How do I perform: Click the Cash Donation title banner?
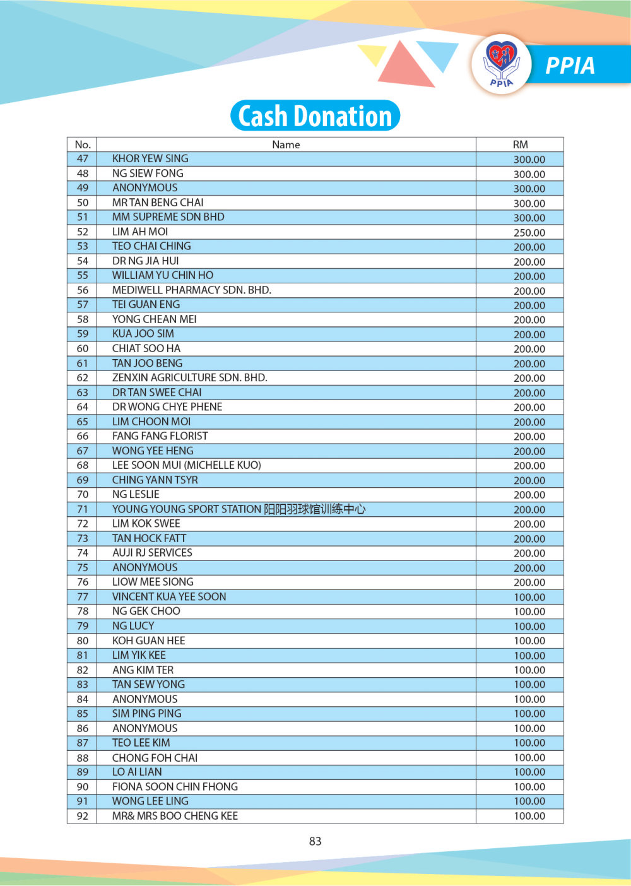click(x=315, y=116)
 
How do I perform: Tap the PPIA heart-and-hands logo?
click(x=501, y=64)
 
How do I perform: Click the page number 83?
click(x=315, y=841)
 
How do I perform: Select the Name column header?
click(x=286, y=145)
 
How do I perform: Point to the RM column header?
click(x=520, y=145)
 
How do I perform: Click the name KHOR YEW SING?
click(x=150, y=159)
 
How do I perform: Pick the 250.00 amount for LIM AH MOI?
click(x=529, y=232)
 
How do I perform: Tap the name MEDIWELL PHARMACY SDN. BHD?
click(x=192, y=290)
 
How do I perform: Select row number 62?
click(x=83, y=378)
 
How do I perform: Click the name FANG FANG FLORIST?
click(x=160, y=436)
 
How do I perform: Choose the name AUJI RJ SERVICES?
click(x=152, y=553)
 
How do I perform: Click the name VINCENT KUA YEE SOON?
click(x=169, y=597)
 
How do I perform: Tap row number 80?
click(x=83, y=641)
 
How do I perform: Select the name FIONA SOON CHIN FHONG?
click(x=175, y=787)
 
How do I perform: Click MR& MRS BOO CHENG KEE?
click(x=175, y=816)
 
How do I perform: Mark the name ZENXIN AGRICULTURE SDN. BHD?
click(x=190, y=378)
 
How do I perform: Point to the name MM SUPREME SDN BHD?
click(x=168, y=217)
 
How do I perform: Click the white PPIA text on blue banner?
click(x=570, y=66)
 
